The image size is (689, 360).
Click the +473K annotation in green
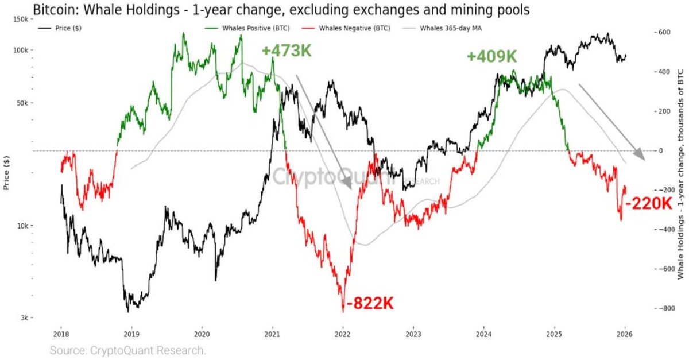[287, 51]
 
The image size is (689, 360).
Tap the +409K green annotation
[491, 57]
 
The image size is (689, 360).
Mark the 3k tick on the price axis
[24, 318]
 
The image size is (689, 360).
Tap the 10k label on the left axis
[22, 226]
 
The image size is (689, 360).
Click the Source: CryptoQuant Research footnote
[127, 350]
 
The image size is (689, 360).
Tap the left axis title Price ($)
[7, 173]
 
